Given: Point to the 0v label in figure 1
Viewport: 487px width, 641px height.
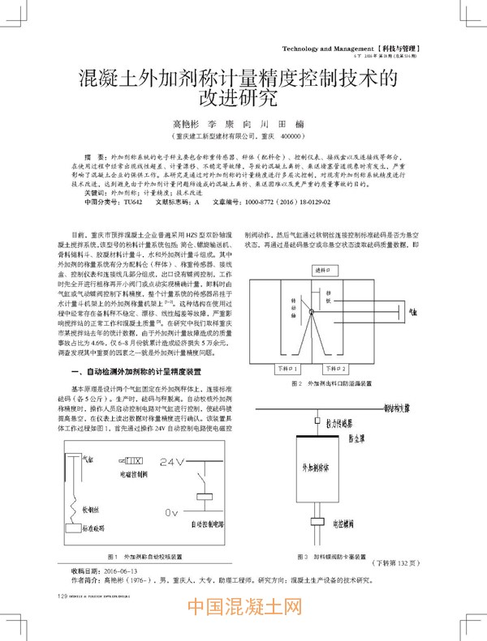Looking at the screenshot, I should (170, 512).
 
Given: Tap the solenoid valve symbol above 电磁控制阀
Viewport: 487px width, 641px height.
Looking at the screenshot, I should (134, 461).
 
